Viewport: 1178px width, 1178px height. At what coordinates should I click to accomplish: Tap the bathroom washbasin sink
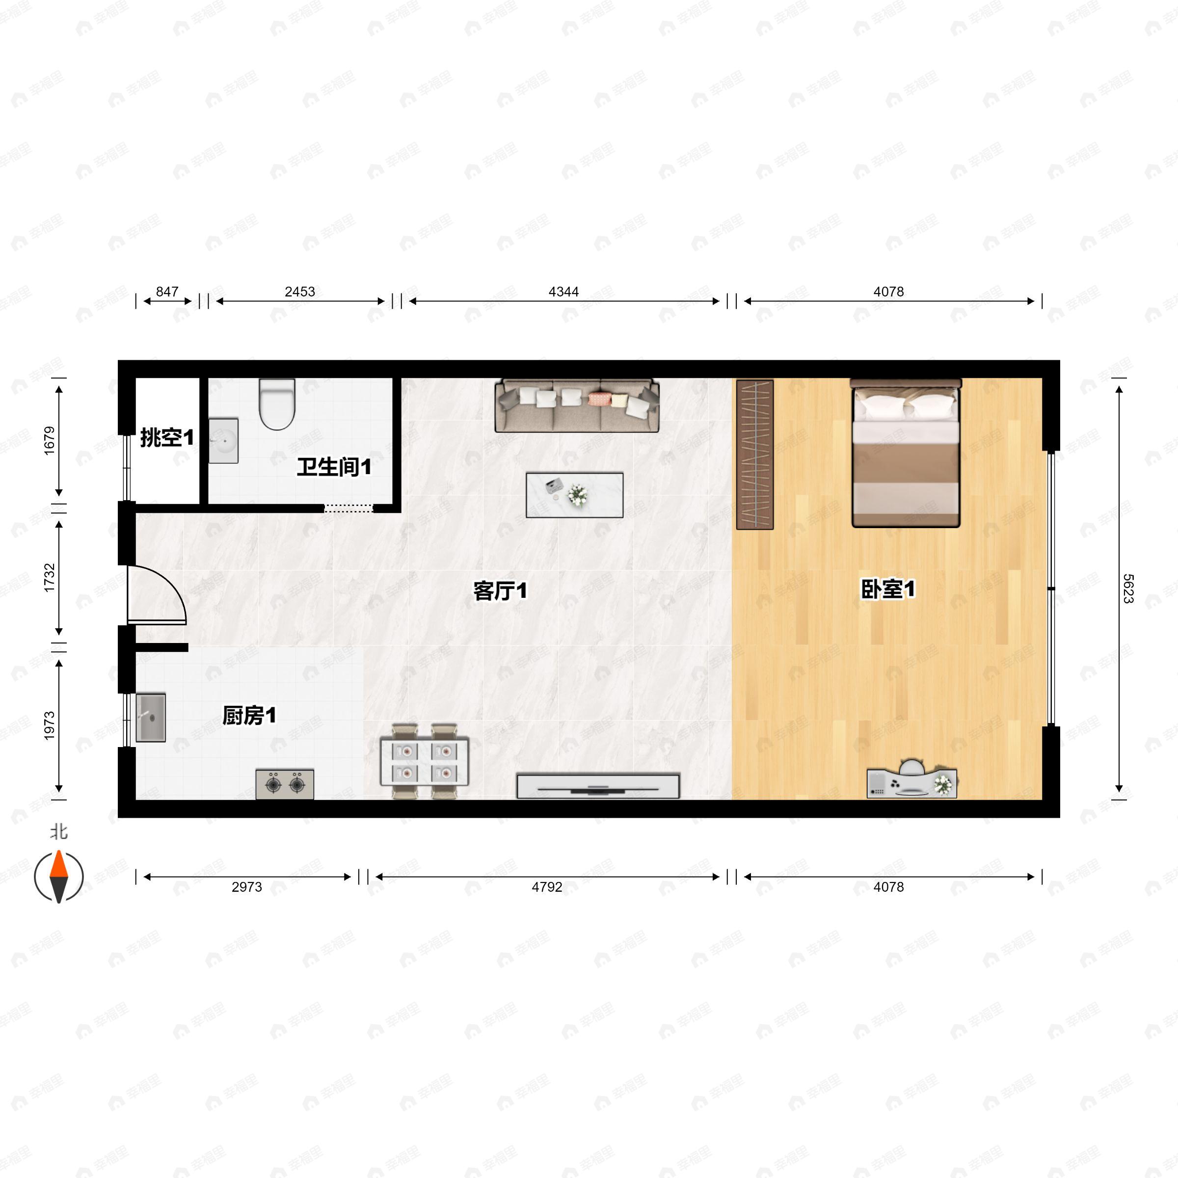(223, 440)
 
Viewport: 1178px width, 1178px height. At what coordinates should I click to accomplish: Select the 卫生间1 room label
(334, 468)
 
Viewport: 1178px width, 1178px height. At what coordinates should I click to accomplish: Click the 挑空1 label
(167, 437)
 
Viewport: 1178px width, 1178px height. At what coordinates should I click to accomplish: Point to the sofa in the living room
(577, 405)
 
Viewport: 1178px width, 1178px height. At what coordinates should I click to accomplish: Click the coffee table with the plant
(574, 494)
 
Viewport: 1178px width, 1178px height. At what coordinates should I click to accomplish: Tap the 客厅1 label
(500, 590)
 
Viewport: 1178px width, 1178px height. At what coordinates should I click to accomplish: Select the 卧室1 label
(888, 589)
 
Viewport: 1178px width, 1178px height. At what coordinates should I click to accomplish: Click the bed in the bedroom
(906, 454)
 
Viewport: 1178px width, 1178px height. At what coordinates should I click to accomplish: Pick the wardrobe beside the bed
(755, 454)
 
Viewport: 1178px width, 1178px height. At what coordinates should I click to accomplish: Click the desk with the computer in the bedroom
(911, 783)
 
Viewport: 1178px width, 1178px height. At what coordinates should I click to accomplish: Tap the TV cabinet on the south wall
(597, 786)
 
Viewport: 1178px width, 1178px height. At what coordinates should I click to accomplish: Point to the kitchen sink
(151, 717)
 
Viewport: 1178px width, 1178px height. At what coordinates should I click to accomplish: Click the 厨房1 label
(249, 715)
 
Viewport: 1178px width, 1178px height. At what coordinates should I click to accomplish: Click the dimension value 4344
(563, 292)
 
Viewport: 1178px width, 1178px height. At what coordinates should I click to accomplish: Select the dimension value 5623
(1127, 589)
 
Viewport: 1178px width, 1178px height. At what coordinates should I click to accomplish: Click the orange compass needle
(58, 864)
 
